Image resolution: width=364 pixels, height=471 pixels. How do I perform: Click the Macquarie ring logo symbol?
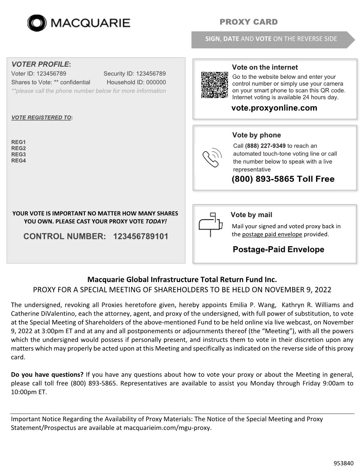click(37, 23)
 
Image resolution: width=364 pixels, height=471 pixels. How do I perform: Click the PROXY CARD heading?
click(248, 22)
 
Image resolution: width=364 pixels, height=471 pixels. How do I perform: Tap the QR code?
click(214, 85)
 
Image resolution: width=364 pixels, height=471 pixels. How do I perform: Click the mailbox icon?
click(211, 224)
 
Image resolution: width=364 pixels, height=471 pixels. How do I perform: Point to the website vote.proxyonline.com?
click(274, 108)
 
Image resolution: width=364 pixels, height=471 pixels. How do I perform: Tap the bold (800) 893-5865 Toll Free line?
click(283, 179)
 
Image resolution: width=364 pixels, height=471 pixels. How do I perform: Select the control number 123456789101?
click(140, 236)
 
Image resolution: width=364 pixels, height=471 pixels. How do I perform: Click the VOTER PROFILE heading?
click(41, 64)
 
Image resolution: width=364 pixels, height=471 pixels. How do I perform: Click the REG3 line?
click(18, 155)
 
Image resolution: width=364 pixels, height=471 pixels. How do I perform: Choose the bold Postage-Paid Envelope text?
click(278, 250)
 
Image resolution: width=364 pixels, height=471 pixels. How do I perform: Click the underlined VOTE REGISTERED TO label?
click(42, 117)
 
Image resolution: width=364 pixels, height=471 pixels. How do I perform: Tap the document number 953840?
click(343, 463)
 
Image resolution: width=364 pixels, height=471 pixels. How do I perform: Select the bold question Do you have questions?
click(47, 375)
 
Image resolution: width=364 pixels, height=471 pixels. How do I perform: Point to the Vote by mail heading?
click(251, 215)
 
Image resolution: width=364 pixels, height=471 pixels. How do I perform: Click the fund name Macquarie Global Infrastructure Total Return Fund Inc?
click(182, 280)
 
